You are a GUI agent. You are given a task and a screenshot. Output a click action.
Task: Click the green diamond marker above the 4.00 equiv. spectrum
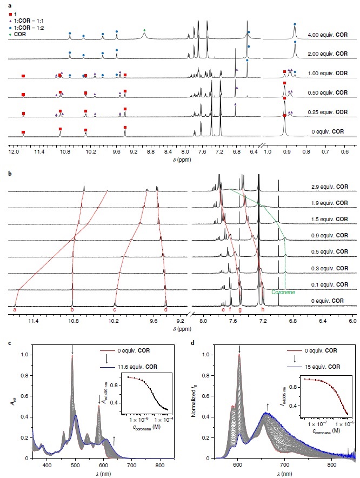point(144,30)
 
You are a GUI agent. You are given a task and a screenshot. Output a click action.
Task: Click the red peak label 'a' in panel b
point(15,310)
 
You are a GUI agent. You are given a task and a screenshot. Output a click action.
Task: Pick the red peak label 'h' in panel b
point(263,310)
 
